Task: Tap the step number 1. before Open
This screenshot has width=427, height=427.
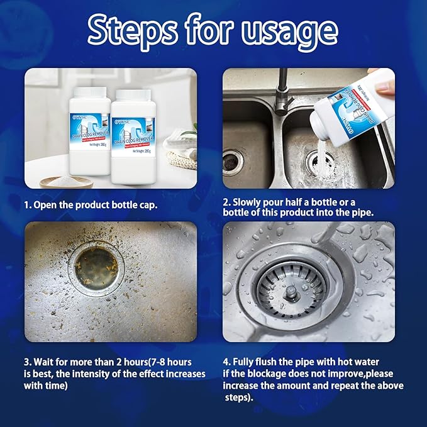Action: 28,206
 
